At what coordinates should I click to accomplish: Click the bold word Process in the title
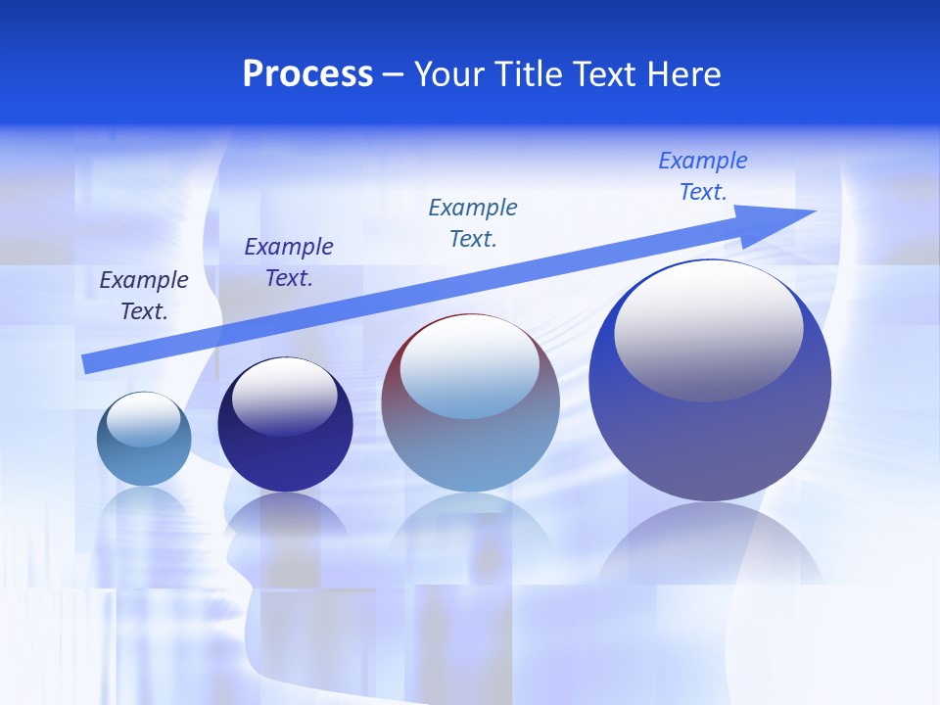307,74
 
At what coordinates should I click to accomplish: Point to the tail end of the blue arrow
86,364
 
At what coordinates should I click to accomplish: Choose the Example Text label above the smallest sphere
144,296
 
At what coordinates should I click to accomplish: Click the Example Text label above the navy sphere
289,262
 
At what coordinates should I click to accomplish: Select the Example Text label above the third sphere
473,223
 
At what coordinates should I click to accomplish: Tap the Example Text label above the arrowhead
703,176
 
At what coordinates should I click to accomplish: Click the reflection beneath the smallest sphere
145,509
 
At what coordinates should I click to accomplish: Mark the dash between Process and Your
394,74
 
